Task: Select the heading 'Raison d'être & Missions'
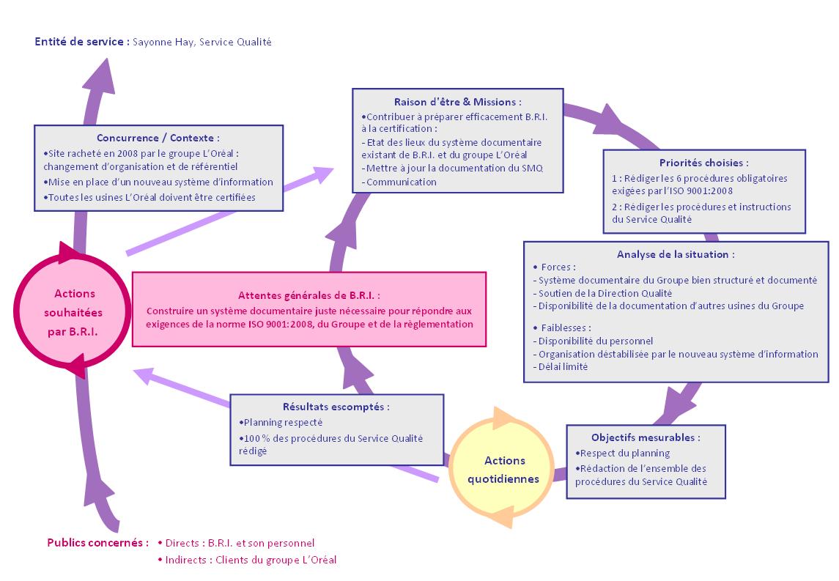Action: [457, 102]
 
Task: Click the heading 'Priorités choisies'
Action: [703, 163]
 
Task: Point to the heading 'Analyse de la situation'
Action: [676, 254]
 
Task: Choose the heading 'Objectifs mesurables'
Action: [646, 437]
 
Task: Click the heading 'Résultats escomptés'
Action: [336, 407]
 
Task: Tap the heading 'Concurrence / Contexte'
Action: [158, 138]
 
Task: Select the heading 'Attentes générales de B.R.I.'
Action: [308, 295]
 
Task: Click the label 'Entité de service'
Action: [79, 42]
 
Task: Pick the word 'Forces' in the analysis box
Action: [556, 267]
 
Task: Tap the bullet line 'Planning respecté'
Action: [281, 423]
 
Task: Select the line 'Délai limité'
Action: [561, 366]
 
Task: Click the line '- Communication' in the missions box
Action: [399, 182]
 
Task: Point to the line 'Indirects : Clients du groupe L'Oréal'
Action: [247, 560]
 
